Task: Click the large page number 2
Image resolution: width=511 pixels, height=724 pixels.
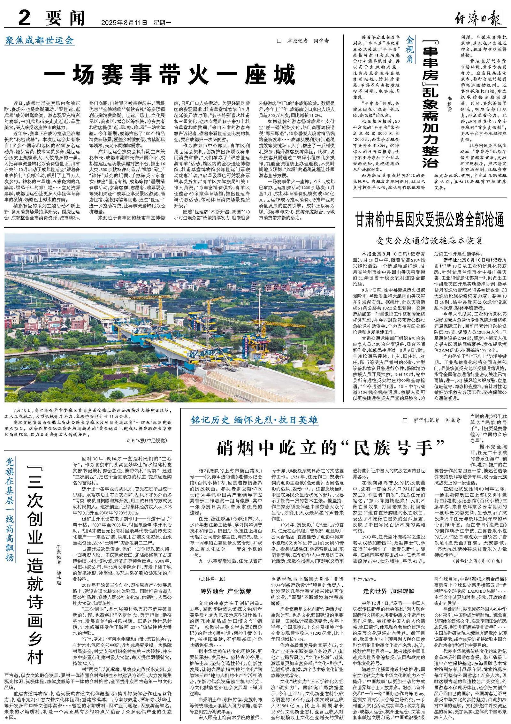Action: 24,18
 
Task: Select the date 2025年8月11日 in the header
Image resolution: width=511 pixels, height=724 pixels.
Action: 124,23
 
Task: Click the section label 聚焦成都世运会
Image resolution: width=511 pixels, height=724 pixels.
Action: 39,41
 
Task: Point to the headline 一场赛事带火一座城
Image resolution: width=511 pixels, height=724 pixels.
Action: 169,75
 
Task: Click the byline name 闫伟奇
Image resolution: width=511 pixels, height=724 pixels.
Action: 322,41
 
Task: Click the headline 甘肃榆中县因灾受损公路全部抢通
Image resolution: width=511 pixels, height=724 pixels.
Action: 430,220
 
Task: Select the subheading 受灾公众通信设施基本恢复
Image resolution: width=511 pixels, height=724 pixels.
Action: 430,240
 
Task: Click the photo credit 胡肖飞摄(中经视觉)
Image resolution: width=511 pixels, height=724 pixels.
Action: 147,440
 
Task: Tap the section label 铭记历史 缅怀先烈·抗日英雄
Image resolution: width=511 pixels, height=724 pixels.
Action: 254,420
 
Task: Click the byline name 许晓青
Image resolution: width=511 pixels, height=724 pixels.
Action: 453,420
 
